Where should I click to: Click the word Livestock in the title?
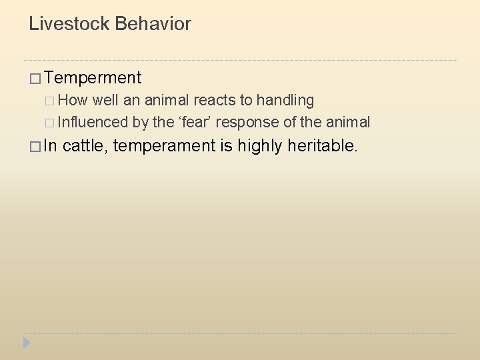pos(69,25)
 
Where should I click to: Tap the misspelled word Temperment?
pos(94,78)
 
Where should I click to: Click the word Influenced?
pos(93,122)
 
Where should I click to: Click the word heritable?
pos(323,145)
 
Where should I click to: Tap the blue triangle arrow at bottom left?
pos(27,343)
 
